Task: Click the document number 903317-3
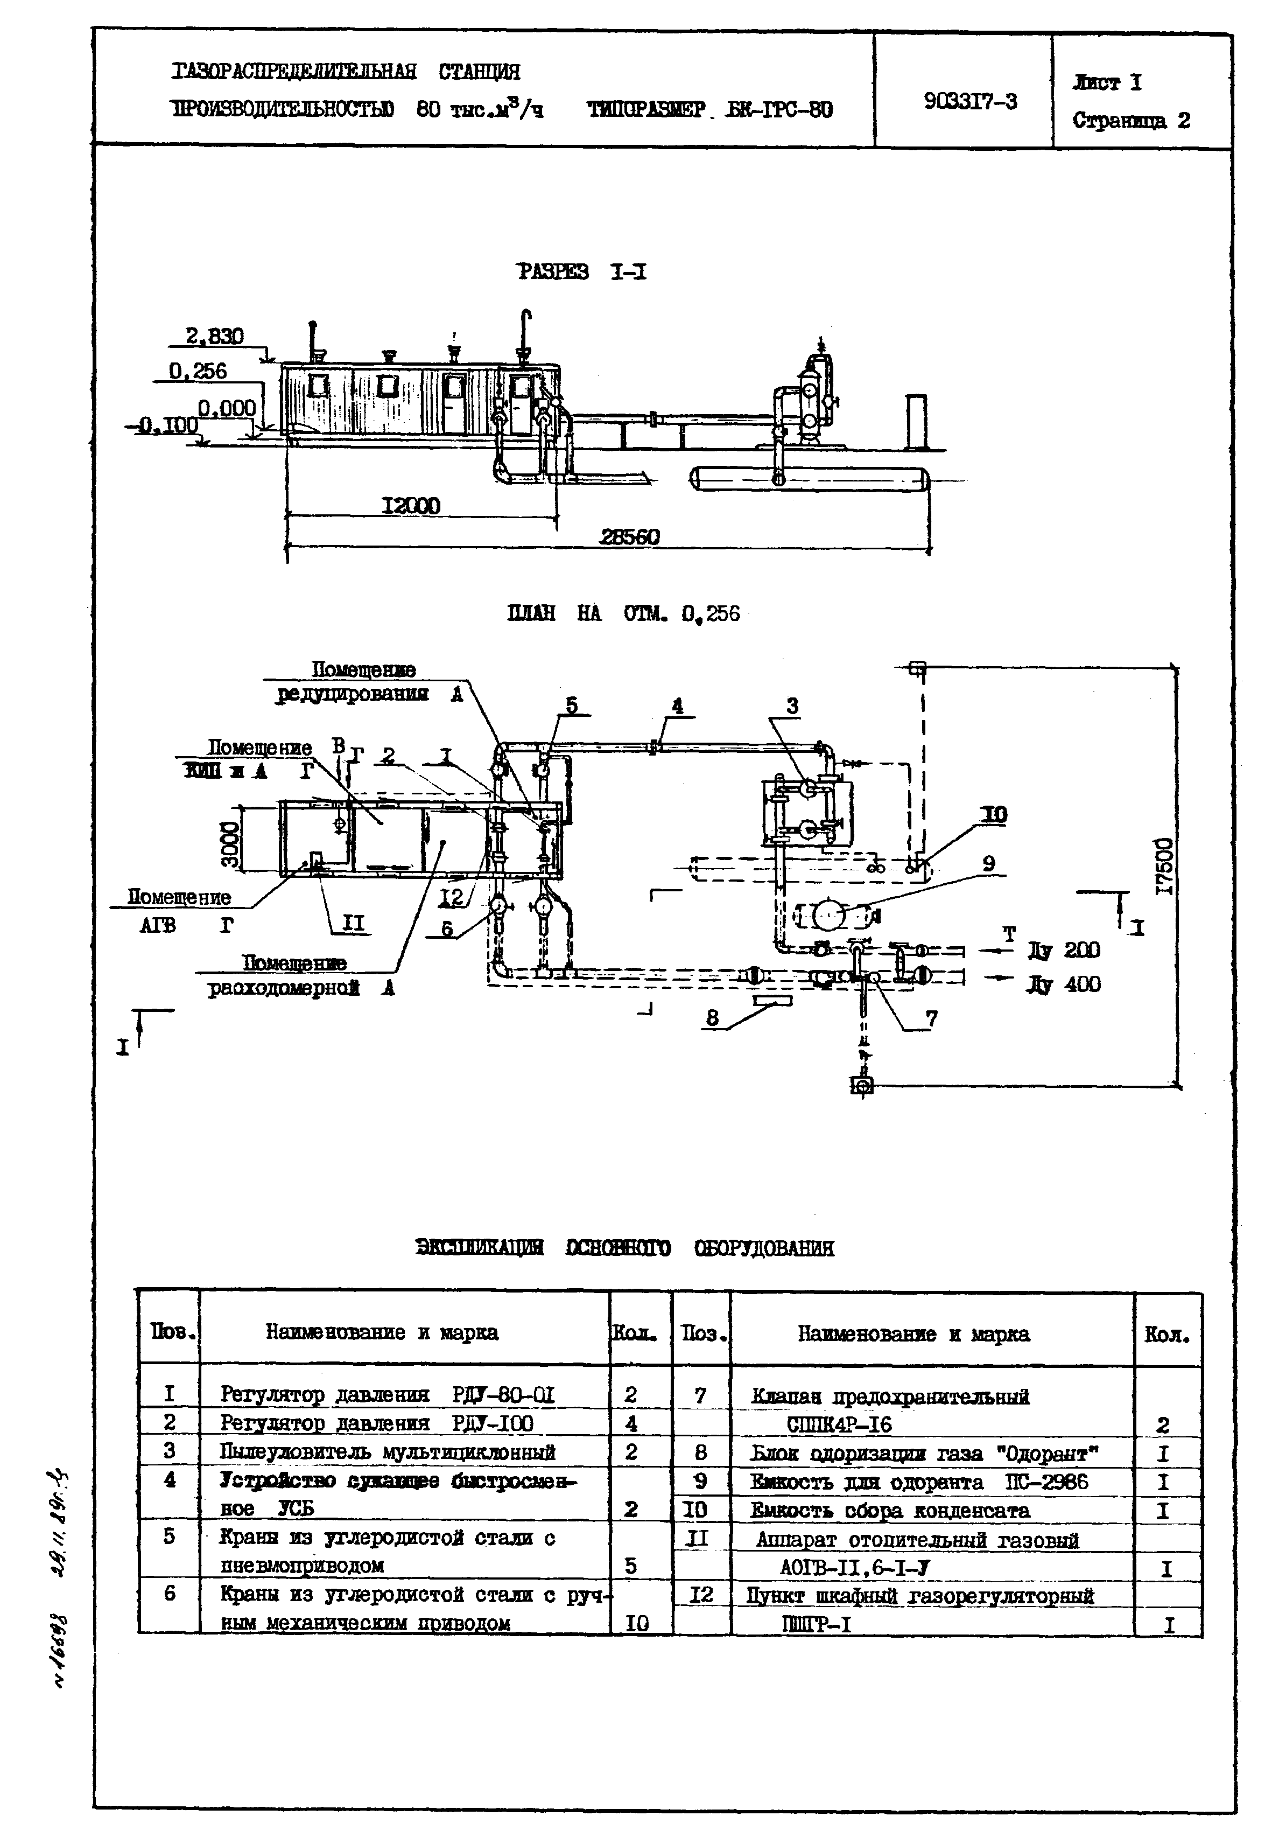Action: click(970, 101)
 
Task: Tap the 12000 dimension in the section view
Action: click(410, 506)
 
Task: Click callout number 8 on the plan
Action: click(712, 1017)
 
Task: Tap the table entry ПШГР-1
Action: click(817, 1624)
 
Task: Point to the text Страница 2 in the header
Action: click(1131, 121)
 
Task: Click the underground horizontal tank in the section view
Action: click(809, 478)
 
